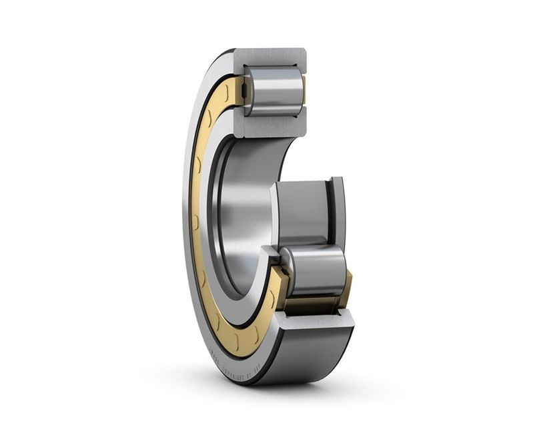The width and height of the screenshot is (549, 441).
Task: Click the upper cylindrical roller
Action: click(x=273, y=91)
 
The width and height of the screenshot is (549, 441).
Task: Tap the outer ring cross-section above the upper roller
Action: click(x=270, y=56)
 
